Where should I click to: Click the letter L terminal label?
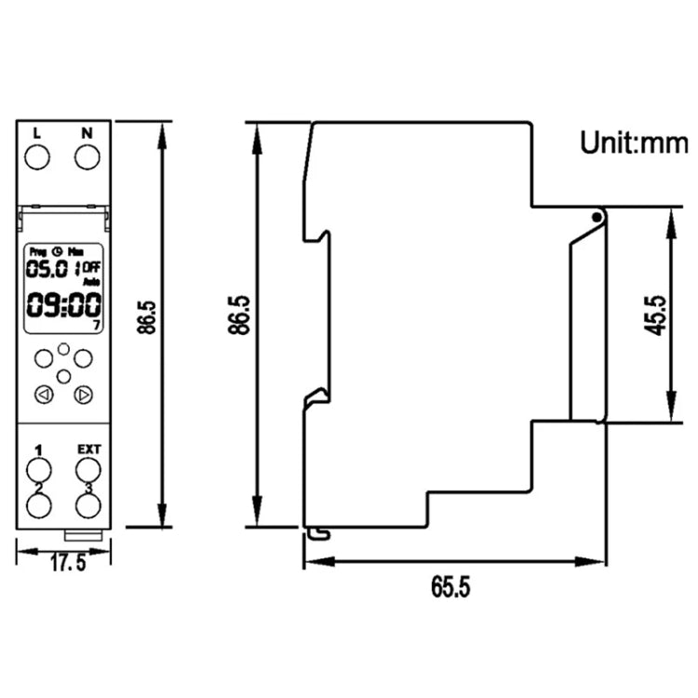tap(37, 133)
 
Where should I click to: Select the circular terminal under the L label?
tap(37, 157)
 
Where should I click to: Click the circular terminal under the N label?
tap(87, 157)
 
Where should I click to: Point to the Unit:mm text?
tap(634, 142)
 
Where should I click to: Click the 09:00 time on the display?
tap(62, 304)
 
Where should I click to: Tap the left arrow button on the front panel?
tap(42, 396)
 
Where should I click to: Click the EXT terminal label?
tap(88, 450)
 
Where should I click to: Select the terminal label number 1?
tap(38, 450)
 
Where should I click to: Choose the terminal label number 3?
tap(88, 487)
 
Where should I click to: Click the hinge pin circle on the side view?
tap(596, 217)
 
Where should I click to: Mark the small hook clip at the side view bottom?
tap(319, 532)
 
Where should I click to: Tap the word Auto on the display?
tap(91, 281)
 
